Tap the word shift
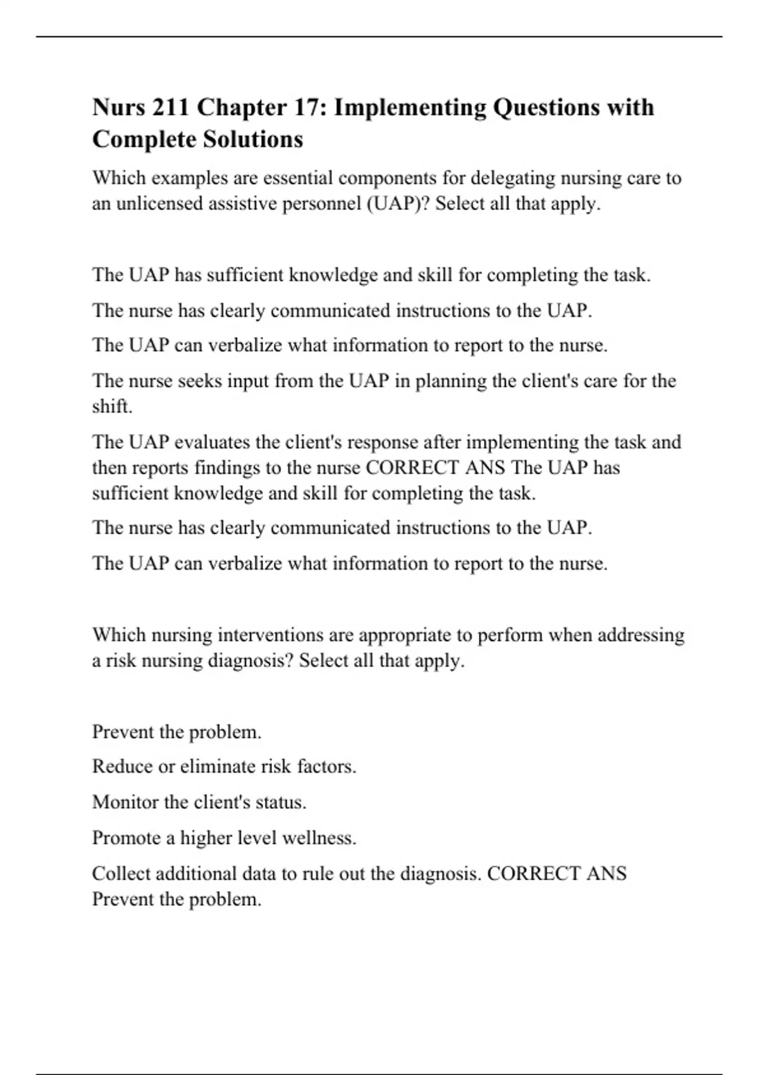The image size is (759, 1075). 112,406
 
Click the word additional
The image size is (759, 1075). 196,873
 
